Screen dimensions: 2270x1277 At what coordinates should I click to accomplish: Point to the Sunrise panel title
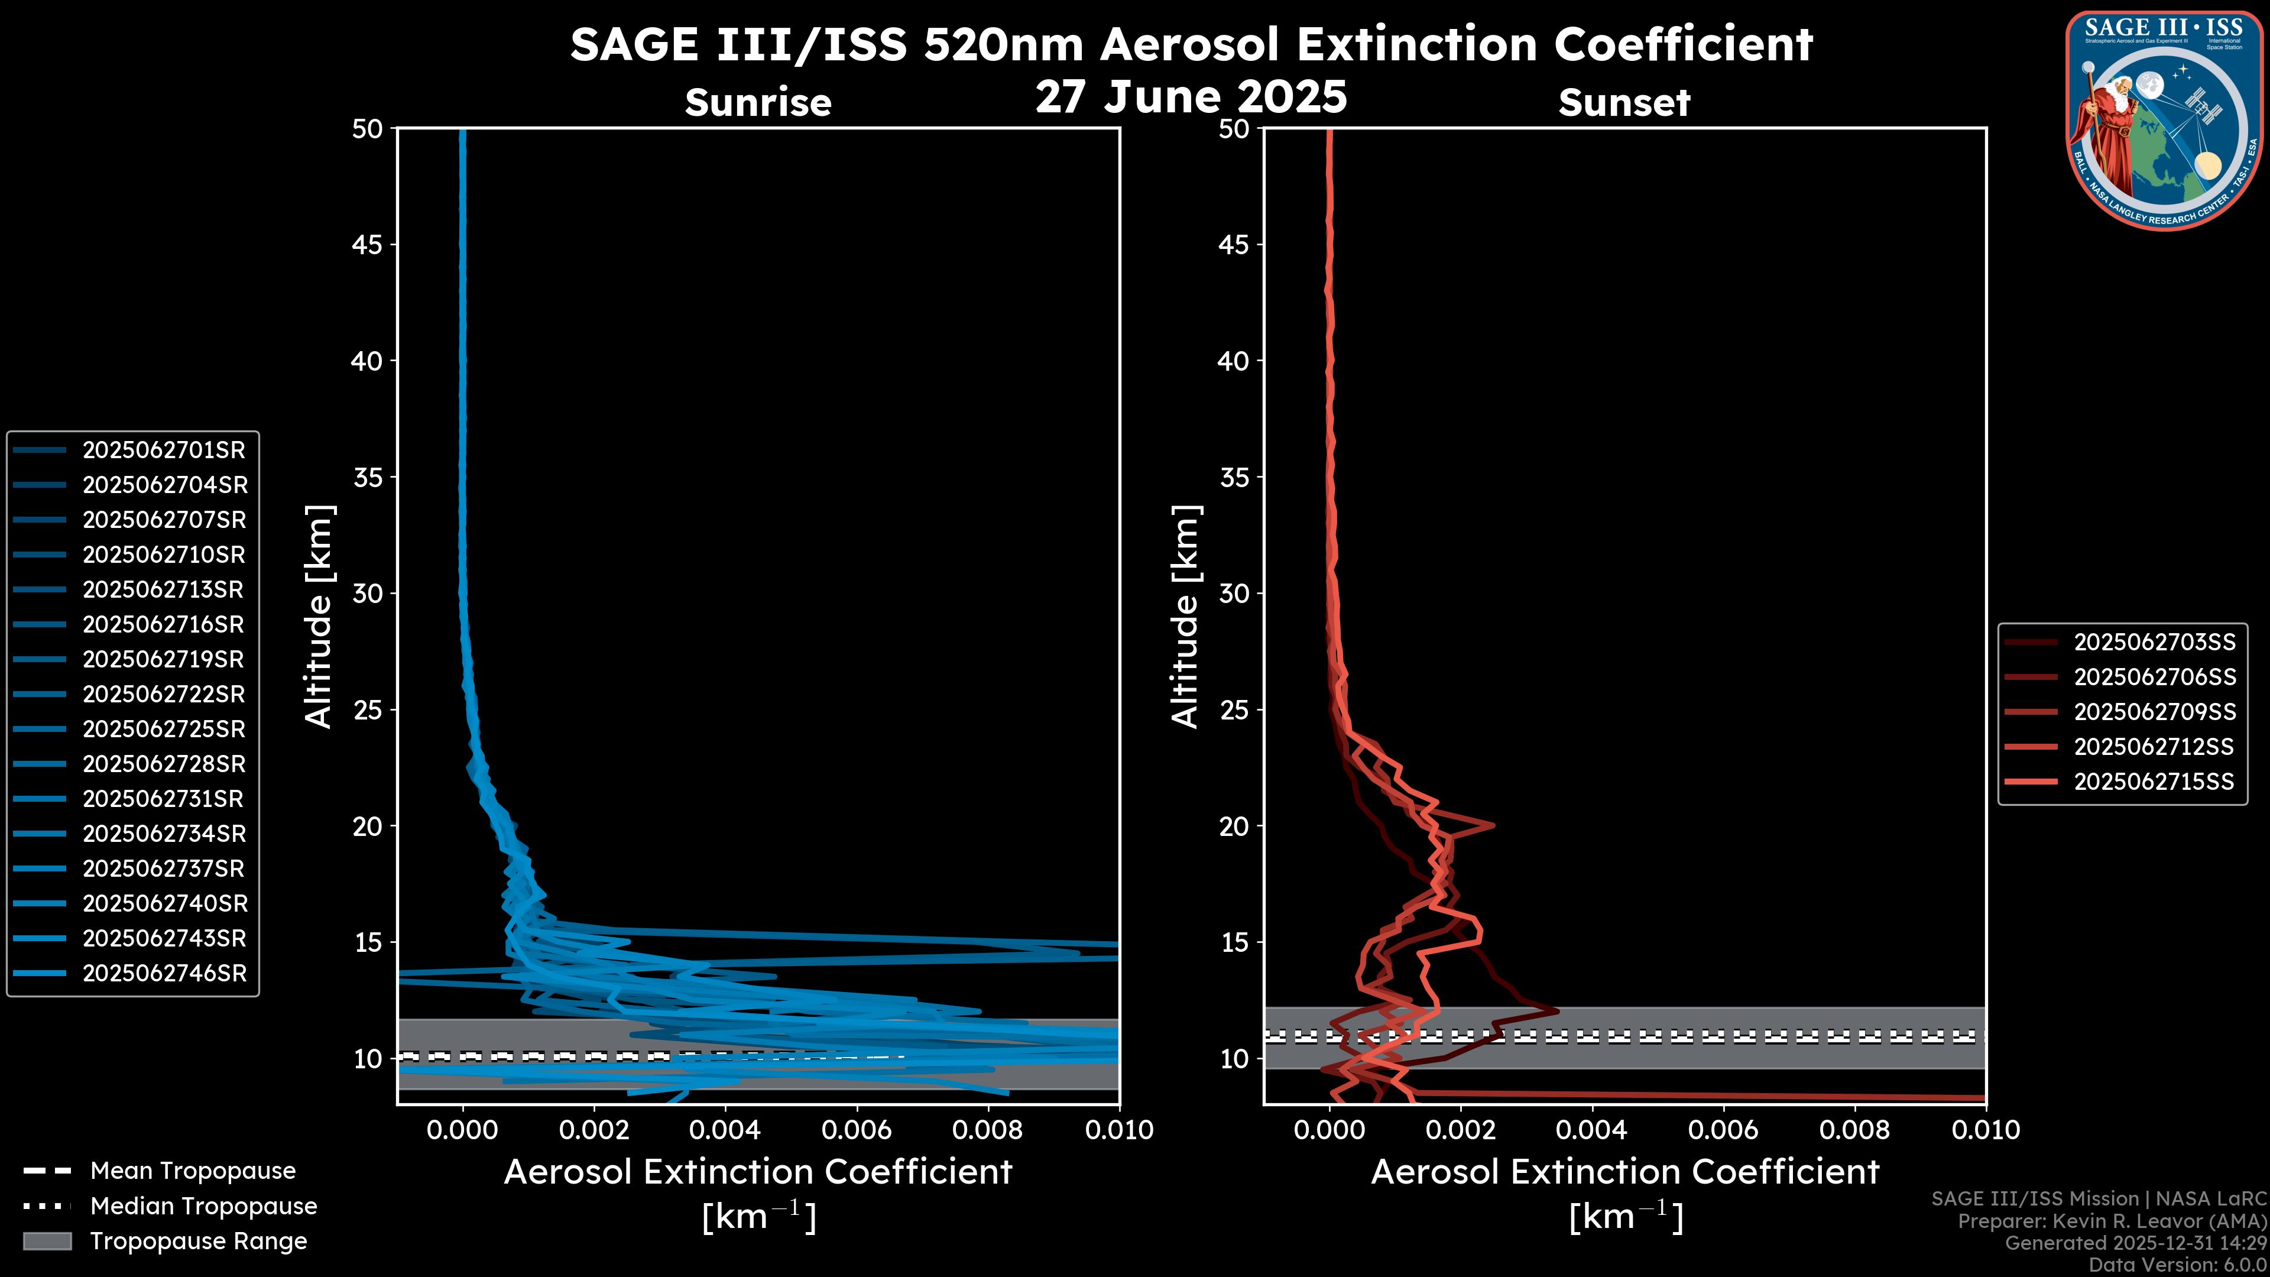758,102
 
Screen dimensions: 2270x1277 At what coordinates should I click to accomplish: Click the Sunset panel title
1624,102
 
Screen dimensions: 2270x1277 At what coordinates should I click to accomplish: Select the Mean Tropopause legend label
193,1171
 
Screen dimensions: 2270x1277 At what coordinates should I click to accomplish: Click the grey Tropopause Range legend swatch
47,1241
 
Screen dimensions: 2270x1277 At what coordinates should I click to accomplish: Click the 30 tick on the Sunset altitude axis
1234,593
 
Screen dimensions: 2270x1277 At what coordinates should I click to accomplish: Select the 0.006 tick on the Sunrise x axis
857,1130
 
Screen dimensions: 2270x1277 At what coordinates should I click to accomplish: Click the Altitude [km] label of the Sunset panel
1185,616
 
